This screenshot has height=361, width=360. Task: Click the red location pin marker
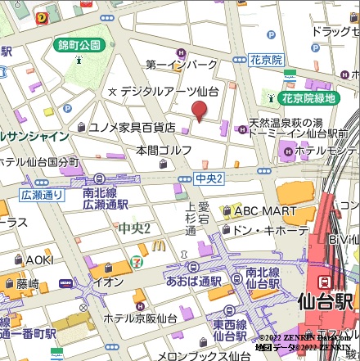[200, 111]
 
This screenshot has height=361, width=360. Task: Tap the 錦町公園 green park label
[79, 44]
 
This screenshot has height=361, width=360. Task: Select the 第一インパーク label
[182, 65]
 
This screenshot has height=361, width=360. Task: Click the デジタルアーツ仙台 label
[169, 91]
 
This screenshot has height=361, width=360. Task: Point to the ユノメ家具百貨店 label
[132, 127]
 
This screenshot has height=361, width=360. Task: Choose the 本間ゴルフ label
[164, 151]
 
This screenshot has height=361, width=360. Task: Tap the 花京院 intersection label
[266, 60]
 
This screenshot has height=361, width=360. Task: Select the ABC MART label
[265, 211]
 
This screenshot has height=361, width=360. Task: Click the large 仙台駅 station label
[327, 301]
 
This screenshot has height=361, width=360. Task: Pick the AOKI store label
[38, 259]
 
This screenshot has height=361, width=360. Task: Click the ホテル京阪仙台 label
[141, 318]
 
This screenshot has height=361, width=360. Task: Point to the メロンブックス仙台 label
[204, 355]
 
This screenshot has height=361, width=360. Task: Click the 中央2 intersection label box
[209, 178]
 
